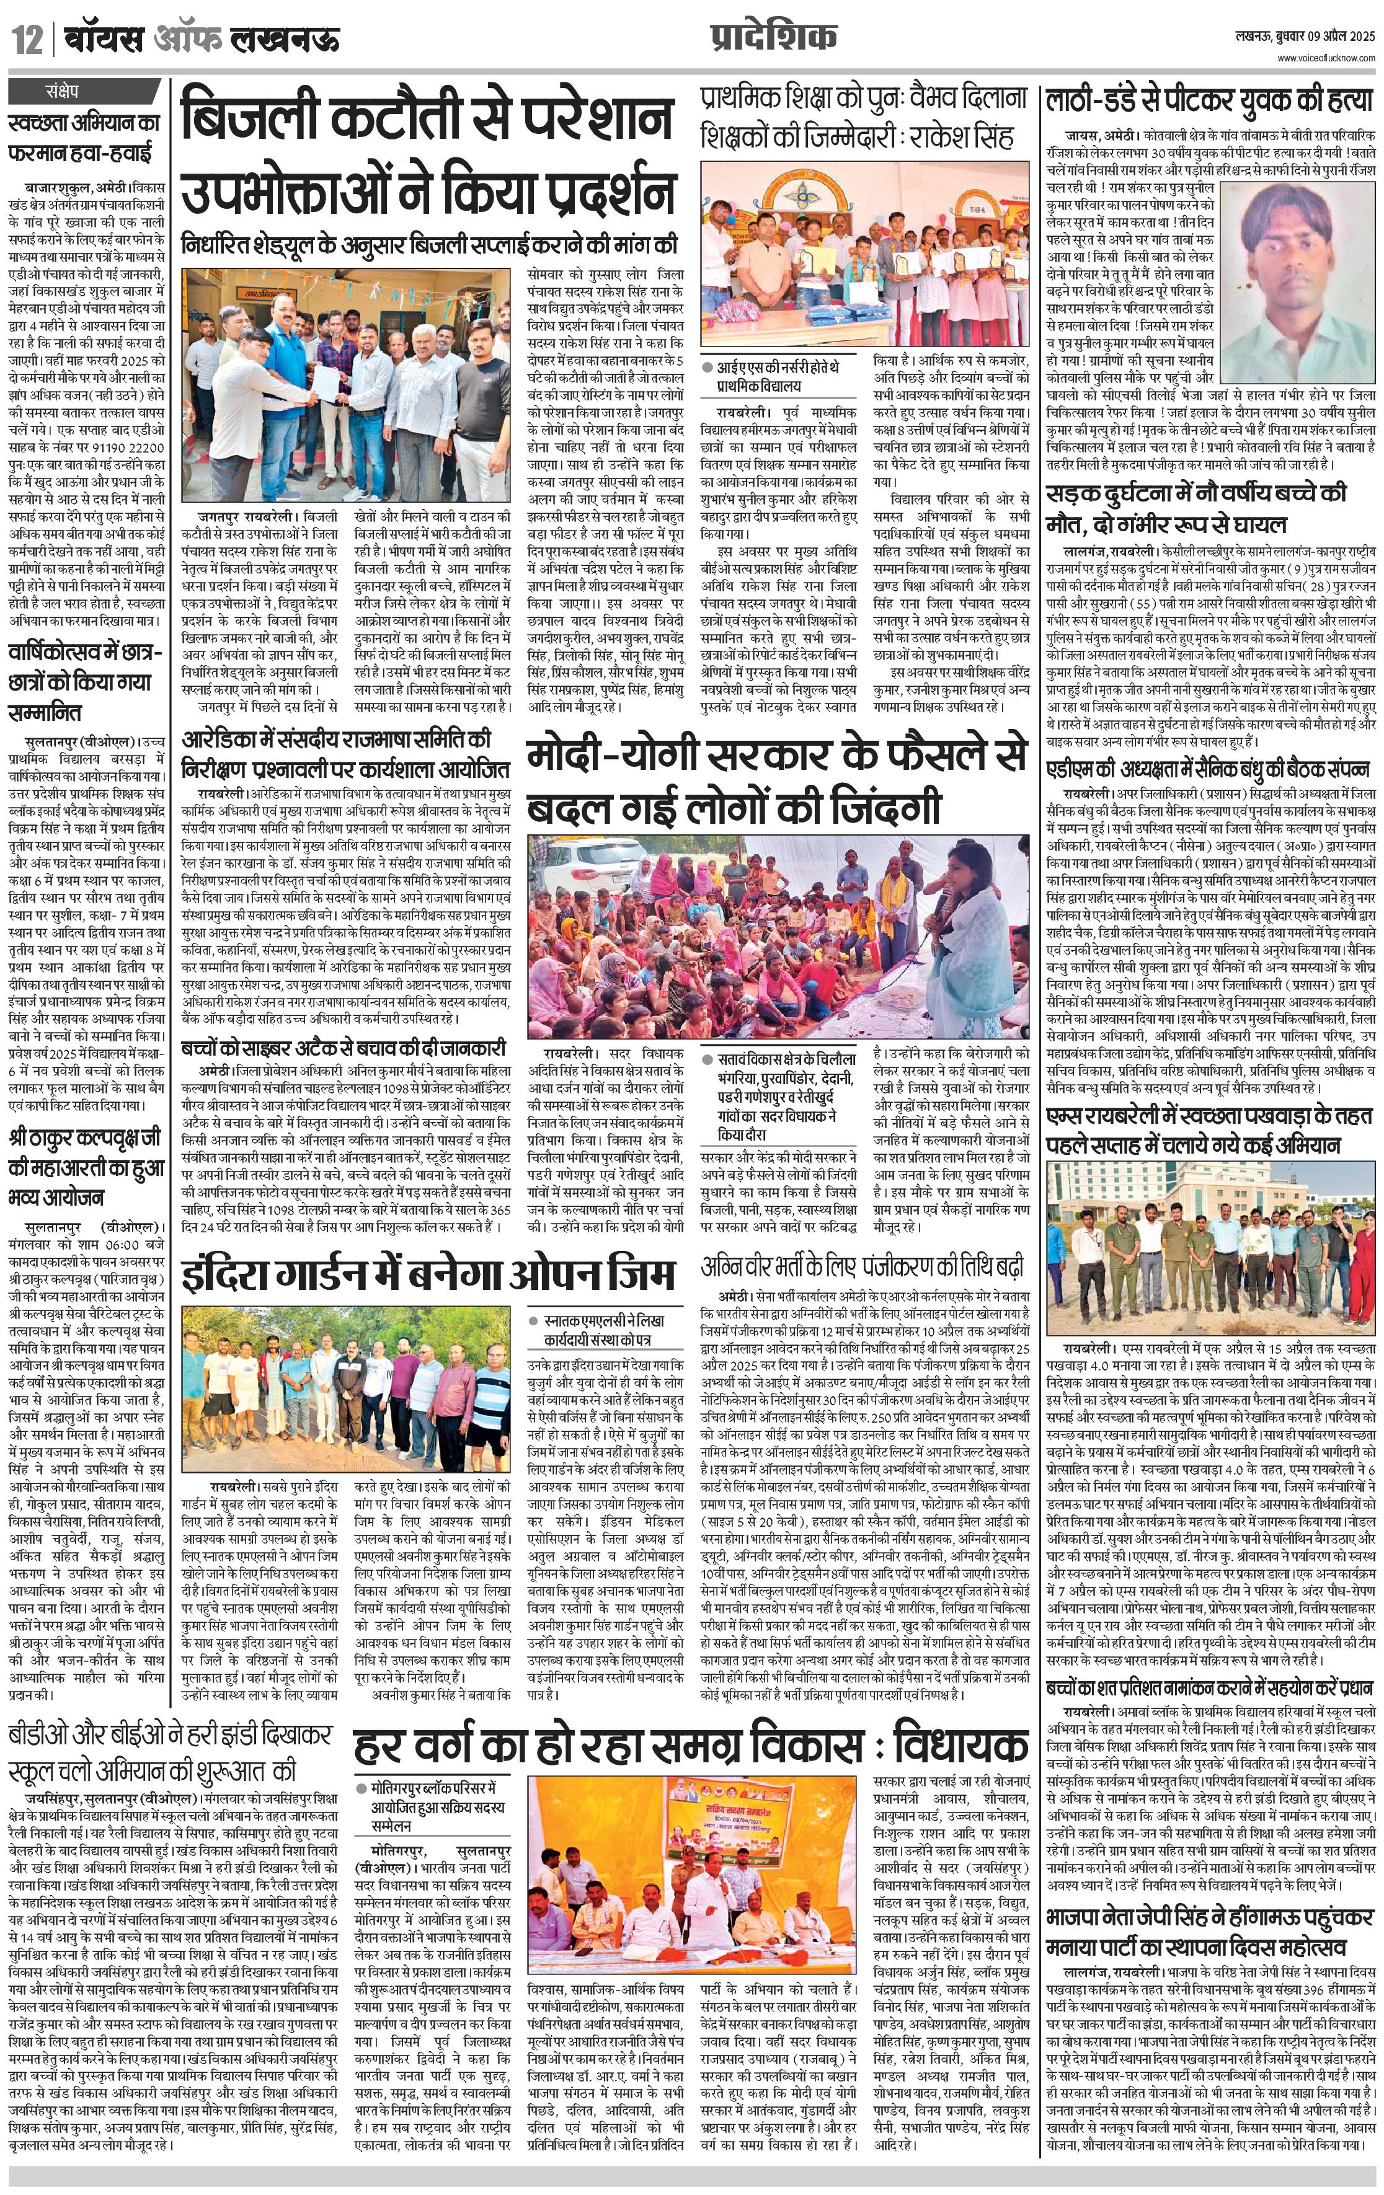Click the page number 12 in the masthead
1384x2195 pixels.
click(x=27, y=41)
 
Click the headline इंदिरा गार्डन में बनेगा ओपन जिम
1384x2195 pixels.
click(x=428, y=1273)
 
